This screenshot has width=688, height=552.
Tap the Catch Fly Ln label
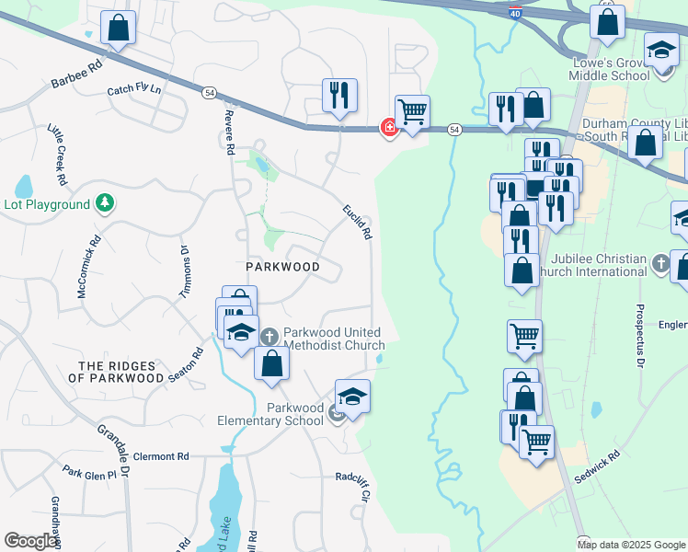(x=133, y=90)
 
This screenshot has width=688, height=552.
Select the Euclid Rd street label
(x=358, y=222)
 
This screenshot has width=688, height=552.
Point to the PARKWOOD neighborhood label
(x=282, y=267)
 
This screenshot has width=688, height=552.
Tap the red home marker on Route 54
(x=390, y=129)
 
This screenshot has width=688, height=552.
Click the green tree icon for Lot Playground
(x=106, y=203)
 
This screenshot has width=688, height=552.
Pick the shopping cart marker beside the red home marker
(x=412, y=111)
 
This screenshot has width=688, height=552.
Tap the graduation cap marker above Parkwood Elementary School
(x=352, y=397)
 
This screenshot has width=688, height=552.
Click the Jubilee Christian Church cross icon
(x=660, y=265)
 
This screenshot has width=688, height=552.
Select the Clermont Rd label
(x=161, y=456)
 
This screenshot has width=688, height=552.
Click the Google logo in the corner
(x=30, y=541)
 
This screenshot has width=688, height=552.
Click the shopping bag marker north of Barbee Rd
(x=119, y=28)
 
